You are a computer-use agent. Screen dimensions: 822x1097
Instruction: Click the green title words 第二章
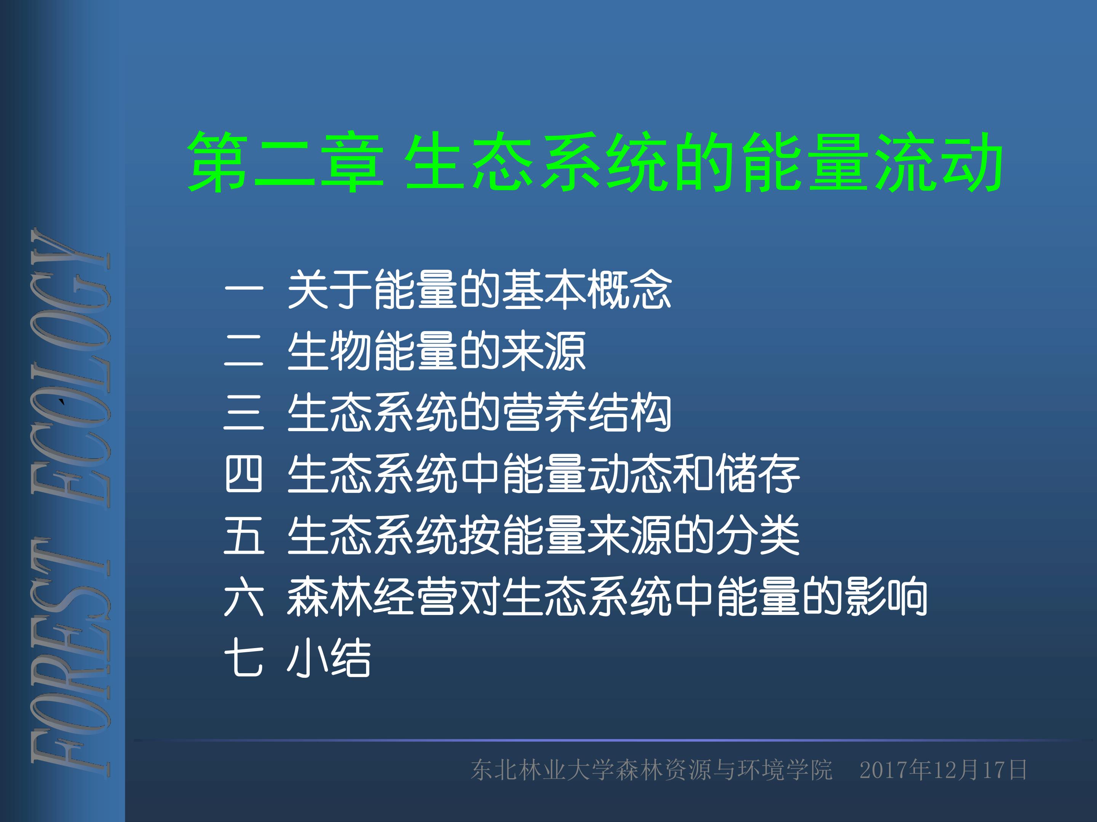tap(285, 162)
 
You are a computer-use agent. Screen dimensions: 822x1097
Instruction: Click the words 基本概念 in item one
tap(586, 290)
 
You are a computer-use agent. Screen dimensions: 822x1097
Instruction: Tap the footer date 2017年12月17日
tap(943, 770)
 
